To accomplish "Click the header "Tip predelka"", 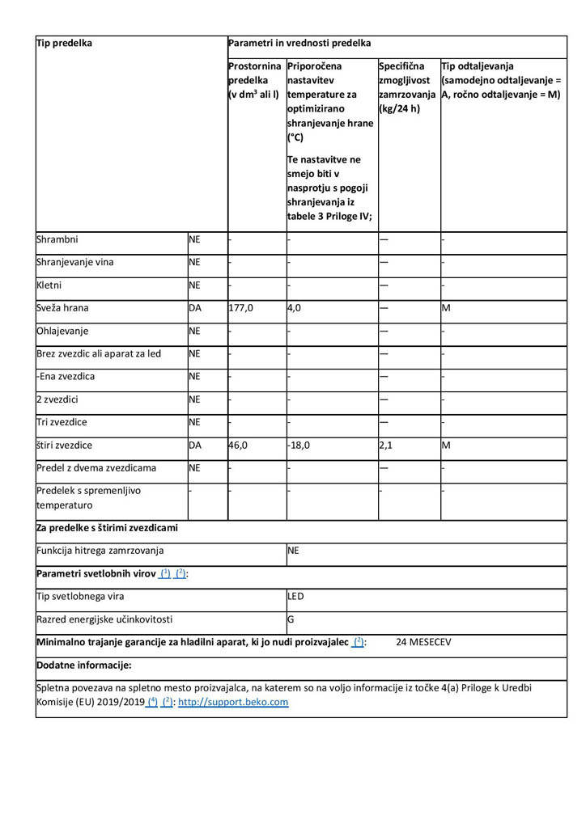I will pos(65,43).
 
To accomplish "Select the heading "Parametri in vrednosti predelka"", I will pos(300,43).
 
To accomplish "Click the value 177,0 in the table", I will pos(242,308).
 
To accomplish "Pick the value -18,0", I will pos(299,445).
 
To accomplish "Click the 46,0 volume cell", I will pos(240,445).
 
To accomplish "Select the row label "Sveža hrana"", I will pos(63,308).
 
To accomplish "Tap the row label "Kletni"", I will pos(49,285).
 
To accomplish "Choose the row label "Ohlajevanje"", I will pos(63,331).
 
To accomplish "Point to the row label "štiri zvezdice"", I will pos(65,445).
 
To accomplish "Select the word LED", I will pos(296,597).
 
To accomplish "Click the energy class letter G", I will pos(291,620).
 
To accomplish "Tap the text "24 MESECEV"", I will pos(423,643).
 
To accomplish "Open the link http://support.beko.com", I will pos(233,702).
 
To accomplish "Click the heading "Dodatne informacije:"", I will pos(84,665).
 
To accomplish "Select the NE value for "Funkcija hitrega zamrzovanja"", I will pos(294,551).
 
